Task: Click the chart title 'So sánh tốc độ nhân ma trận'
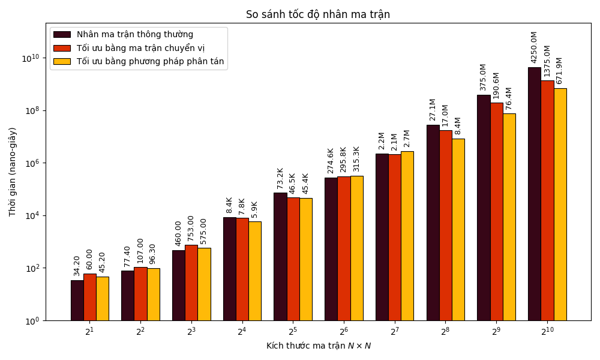coord(317,14)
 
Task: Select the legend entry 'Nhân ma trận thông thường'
coord(134,35)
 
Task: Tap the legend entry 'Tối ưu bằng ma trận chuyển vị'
coord(140,48)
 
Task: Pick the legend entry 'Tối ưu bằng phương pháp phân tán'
coord(150,61)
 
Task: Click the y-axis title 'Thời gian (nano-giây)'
coord(13,172)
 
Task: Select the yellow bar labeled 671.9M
coord(560,204)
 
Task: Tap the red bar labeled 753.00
coord(191,283)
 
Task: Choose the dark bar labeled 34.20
coord(77,300)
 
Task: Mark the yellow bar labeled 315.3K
coord(356,248)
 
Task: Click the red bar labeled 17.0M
coord(445,225)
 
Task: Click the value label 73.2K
coord(280,178)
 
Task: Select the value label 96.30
coord(153,253)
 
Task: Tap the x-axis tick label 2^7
coord(394,332)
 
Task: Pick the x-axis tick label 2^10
coord(547,332)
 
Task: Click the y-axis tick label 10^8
coord(31,110)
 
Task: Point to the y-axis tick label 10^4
coord(31,215)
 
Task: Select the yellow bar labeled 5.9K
coord(254,271)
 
